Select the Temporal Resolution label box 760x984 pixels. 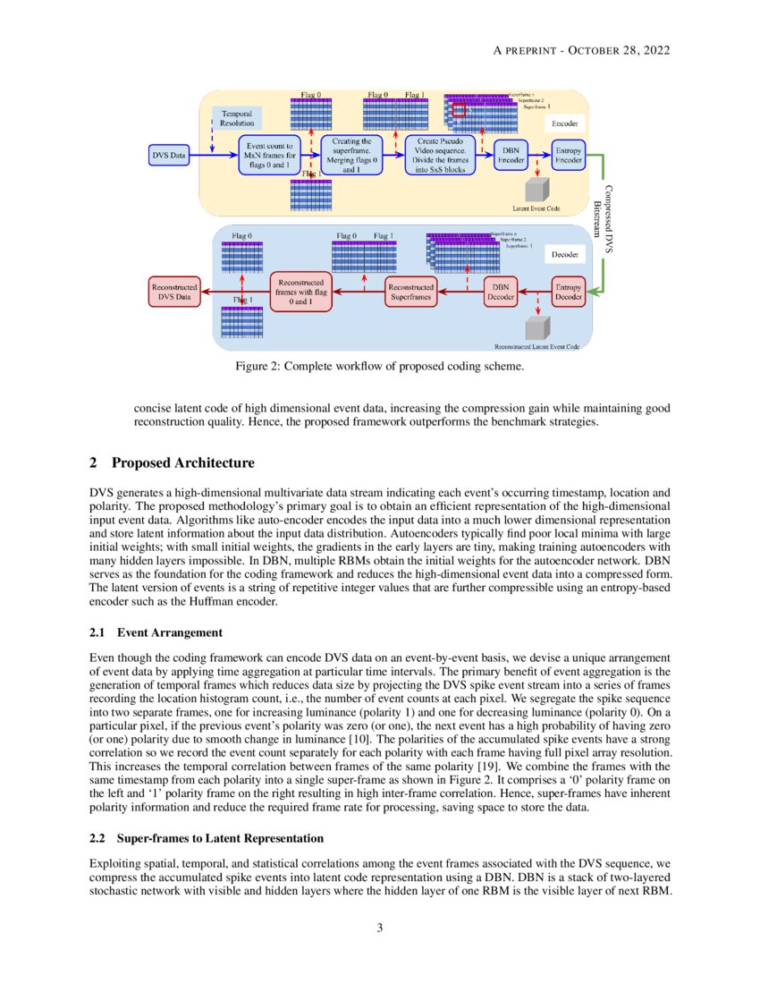(237, 119)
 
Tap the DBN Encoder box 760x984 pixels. (511, 156)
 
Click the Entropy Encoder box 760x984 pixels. (569, 156)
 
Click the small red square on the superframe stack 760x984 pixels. (459, 111)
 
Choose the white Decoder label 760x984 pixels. (564, 255)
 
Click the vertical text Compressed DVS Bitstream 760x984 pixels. (604, 220)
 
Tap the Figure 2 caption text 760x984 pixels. (379, 366)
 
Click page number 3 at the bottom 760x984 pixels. (379, 928)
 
